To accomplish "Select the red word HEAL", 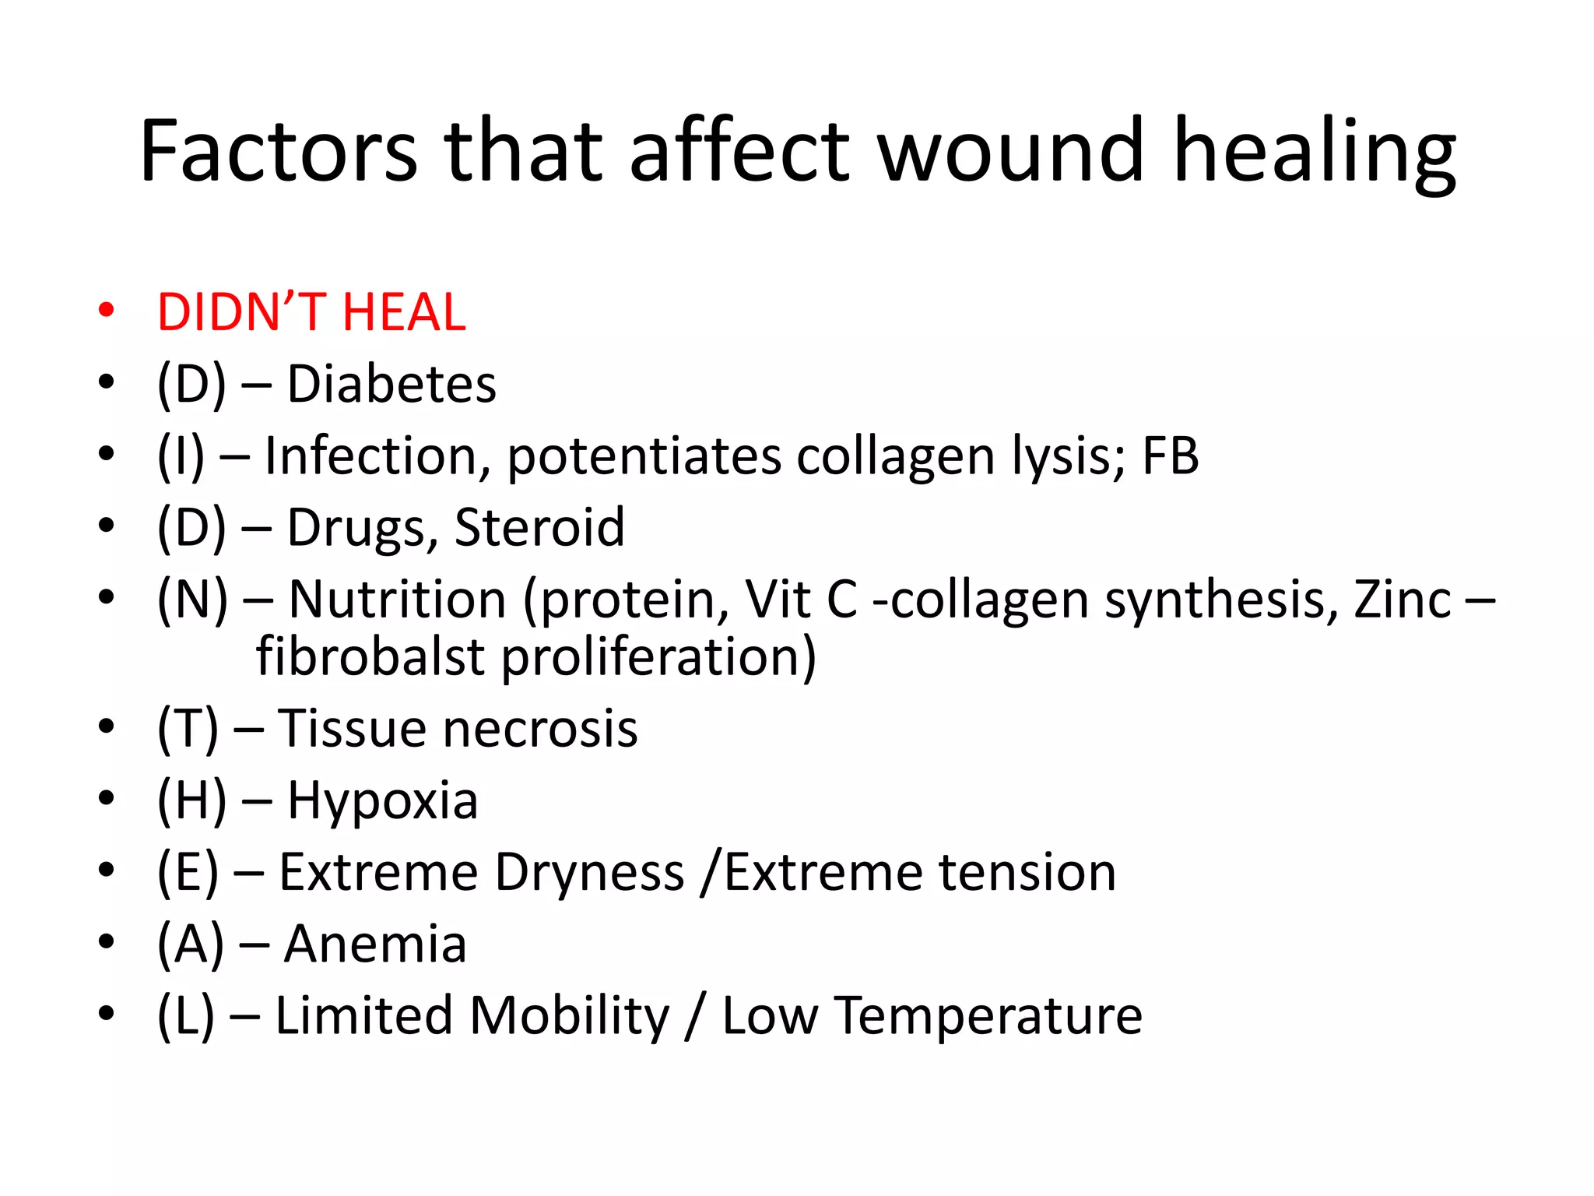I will [x=403, y=313].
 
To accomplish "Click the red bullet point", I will [x=107, y=310].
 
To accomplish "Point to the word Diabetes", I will [x=391, y=384].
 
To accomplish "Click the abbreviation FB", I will [x=1170, y=456].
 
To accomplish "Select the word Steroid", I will [x=539, y=527].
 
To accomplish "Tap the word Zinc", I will [x=1403, y=600].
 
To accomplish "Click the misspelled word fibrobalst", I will [x=370, y=656].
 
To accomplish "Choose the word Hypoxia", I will [x=382, y=800].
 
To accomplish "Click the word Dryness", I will [x=589, y=872].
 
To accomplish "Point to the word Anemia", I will [x=375, y=944].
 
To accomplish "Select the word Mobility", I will [x=569, y=1015].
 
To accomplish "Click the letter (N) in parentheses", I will [x=192, y=600].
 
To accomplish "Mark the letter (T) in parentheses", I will [x=188, y=729].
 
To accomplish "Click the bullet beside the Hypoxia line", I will [x=107, y=799].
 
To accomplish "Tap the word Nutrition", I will [x=398, y=600].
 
